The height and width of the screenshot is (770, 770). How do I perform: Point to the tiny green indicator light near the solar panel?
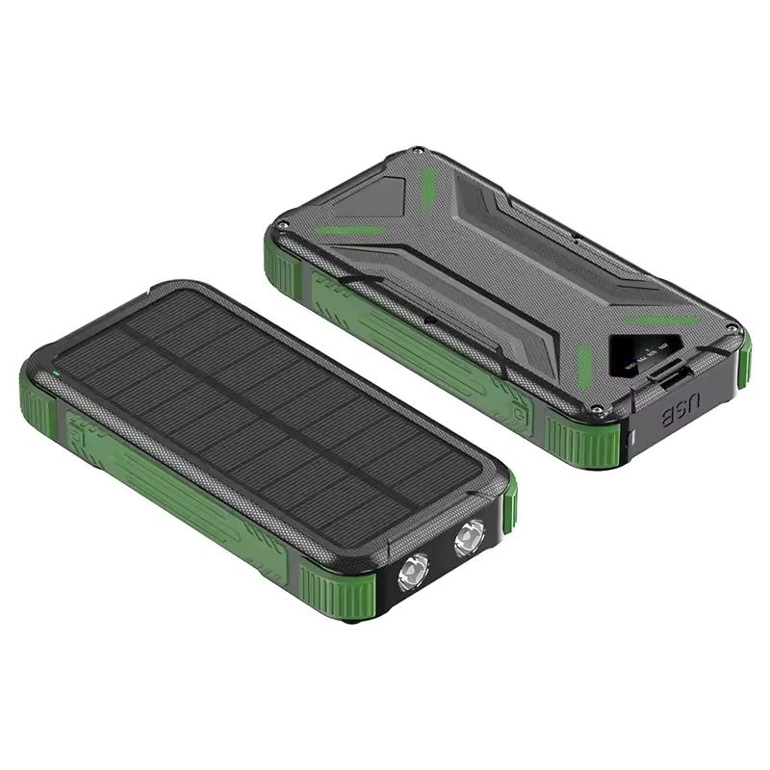[57, 372]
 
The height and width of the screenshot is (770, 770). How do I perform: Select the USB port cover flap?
[680, 376]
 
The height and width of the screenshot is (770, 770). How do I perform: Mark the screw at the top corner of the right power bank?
[415, 151]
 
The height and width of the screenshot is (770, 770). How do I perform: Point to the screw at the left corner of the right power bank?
[281, 227]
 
